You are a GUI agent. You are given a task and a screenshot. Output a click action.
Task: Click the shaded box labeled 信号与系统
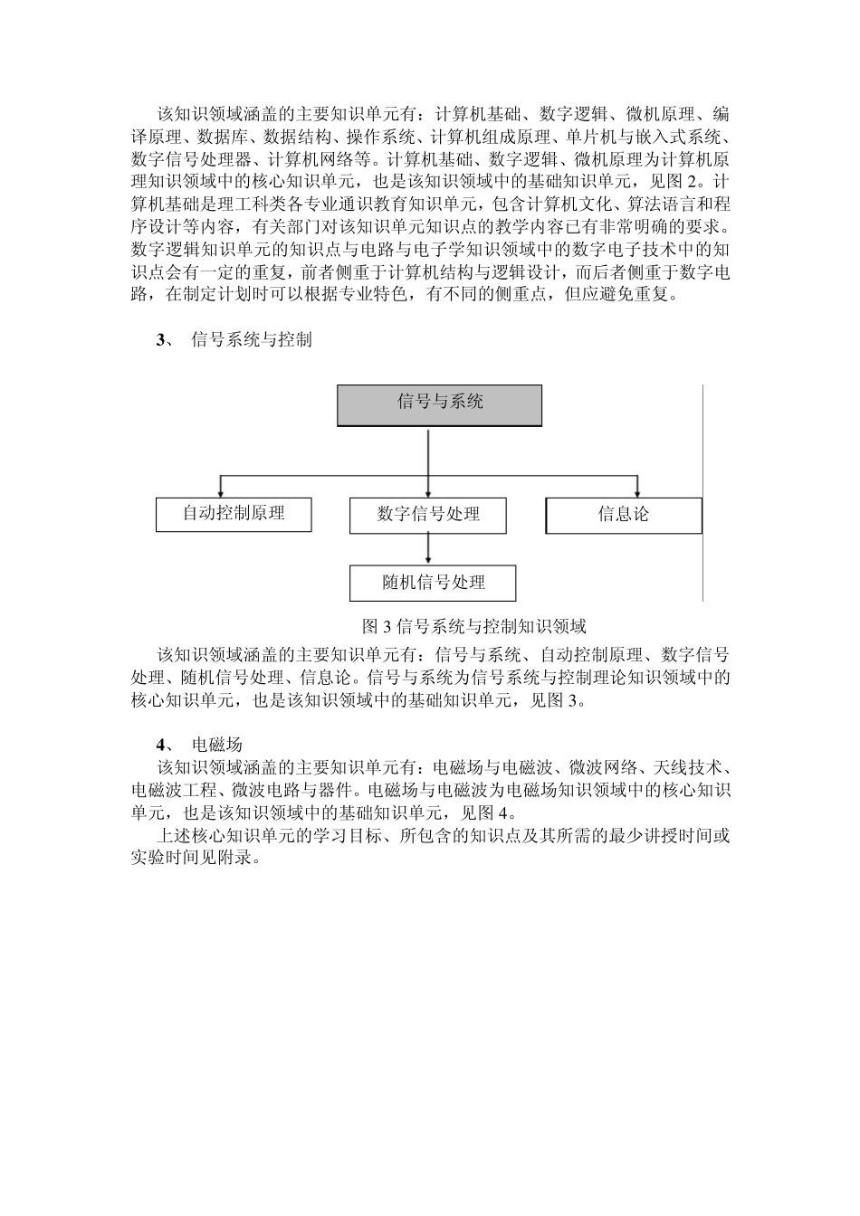click(440, 404)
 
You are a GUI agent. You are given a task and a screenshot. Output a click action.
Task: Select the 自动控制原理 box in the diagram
click(234, 514)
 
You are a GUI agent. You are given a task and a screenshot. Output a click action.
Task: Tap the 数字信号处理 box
click(428, 515)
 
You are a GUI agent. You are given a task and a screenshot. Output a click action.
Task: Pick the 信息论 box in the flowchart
click(624, 515)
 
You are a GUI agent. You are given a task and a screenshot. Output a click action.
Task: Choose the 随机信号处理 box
click(433, 584)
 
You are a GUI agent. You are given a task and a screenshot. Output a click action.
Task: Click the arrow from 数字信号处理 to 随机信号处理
click(428, 549)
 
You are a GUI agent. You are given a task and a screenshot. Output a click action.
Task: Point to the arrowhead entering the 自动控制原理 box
click(220, 491)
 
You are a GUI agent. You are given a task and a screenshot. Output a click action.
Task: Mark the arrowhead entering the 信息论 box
click(637, 491)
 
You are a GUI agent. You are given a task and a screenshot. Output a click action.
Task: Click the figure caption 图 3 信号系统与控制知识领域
click(473, 626)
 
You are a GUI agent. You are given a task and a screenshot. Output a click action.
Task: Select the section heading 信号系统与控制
click(252, 340)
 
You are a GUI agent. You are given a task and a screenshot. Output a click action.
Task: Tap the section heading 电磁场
click(217, 745)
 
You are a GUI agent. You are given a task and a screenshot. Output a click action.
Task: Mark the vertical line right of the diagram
click(703, 493)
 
